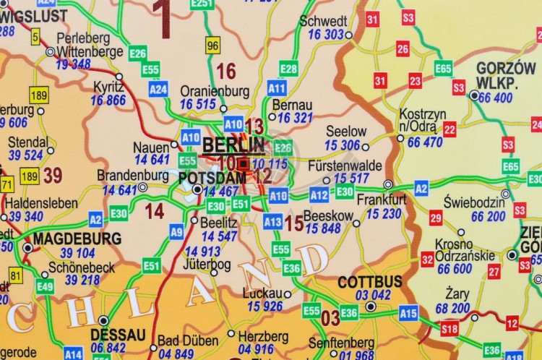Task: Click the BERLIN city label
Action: click(233, 145)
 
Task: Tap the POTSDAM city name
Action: click(212, 178)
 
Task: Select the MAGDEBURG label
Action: click(77, 239)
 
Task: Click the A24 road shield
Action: click(158, 89)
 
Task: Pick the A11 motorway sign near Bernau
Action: click(277, 87)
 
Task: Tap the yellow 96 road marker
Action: click(212, 46)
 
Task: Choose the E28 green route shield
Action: click(288, 69)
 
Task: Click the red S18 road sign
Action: click(449, 329)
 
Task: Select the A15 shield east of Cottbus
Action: click(409, 312)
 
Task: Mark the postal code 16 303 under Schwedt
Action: click(325, 35)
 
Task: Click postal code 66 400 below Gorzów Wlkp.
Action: click(495, 98)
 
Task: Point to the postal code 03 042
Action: click(373, 295)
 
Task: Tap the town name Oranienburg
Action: click(214, 92)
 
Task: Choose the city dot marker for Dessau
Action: click(103, 320)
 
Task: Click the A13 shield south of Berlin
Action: click(272, 222)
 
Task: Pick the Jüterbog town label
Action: click(207, 264)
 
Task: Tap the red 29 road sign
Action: click(436, 218)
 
